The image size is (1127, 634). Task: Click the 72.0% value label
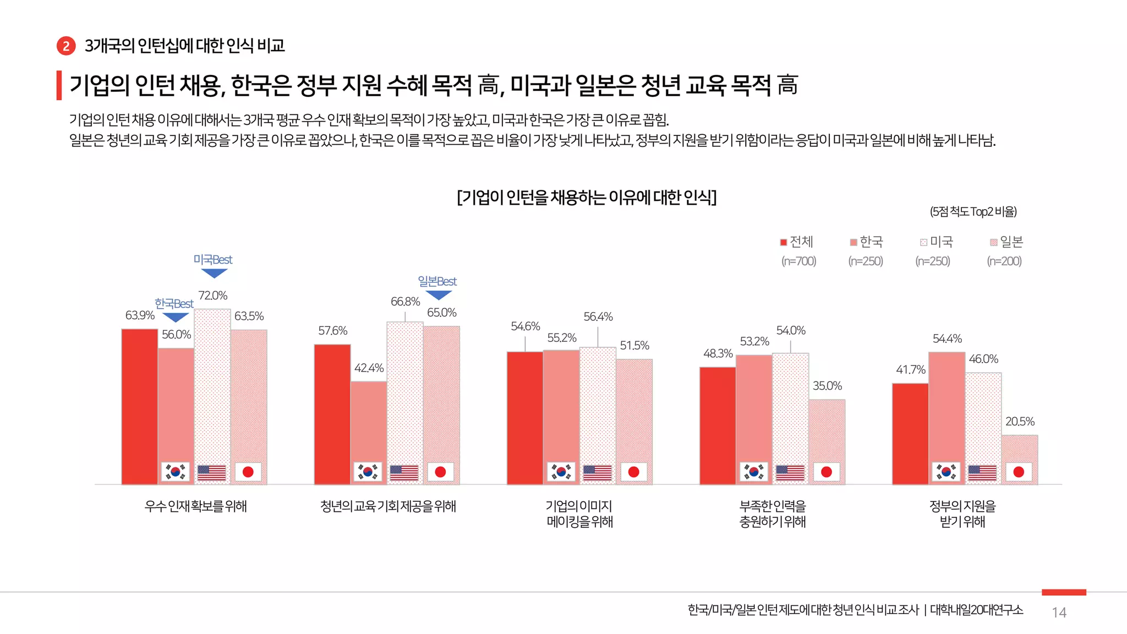tap(213, 296)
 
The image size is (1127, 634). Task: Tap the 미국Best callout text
tap(213, 260)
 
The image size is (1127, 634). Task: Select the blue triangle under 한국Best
tap(176, 318)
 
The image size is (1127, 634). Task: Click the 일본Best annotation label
tap(437, 282)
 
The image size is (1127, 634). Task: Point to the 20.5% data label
tap(1020, 422)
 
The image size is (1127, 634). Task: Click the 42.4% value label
tap(369, 368)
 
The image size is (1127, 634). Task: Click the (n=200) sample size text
tap(1004, 261)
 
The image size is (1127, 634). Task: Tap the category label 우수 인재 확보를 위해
tap(195, 506)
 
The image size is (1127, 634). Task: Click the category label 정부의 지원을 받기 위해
tap(962, 513)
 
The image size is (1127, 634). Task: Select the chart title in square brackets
tap(587, 197)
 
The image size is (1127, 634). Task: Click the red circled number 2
tap(66, 46)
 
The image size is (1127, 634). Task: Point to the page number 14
tap(1059, 613)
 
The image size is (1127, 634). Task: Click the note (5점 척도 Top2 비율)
tap(973, 212)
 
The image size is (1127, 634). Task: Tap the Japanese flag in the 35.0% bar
tap(826, 472)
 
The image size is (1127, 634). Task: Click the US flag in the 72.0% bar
tap(212, 472)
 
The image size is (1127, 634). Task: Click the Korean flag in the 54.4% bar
tap(946, 472)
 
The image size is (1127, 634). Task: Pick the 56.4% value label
tap(598, 317)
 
